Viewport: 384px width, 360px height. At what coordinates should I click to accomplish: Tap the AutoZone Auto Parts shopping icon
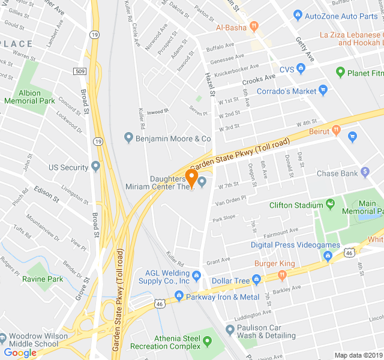(x=297, y=14)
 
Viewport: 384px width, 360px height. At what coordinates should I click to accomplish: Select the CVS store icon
(x=301, y=70)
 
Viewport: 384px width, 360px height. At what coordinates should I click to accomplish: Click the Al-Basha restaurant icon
(x=254, y=26)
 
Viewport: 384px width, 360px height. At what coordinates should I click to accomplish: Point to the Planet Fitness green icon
(x=340, y=73)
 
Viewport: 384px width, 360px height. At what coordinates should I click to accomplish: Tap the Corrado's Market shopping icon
(x=323, y=91)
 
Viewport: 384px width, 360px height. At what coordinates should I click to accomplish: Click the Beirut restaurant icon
(x=335, y=129)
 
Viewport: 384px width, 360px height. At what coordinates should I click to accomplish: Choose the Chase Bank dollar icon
(x=365, y=173)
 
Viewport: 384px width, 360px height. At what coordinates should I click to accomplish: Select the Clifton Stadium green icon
(x=329, y=205)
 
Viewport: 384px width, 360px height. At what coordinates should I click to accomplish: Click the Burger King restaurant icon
(x=281, y=274)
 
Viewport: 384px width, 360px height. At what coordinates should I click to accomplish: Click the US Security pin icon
(x=96, y=167)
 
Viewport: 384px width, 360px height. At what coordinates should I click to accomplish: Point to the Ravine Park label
(x=43, y=279)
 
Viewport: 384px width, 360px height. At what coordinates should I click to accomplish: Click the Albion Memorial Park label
(x=30, y=97)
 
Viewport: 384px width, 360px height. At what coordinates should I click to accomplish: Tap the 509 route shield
(x=80, y=71)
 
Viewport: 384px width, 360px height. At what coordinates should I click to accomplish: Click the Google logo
(x=20, y=353)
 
